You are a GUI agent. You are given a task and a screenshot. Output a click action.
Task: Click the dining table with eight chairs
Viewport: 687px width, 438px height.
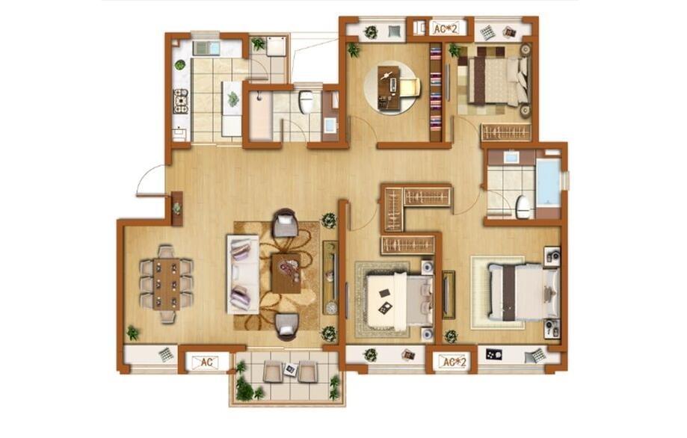pyautogui.click(x=166, y=284)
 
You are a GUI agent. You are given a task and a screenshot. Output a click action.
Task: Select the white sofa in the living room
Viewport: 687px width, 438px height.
pyautogui.click(x=242, y=274)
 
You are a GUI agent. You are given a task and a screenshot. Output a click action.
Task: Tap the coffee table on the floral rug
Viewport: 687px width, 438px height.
pyautogui.click(x=286, y=274)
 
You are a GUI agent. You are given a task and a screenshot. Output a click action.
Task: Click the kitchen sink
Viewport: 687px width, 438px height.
pyautogui.click(x=206, y=48)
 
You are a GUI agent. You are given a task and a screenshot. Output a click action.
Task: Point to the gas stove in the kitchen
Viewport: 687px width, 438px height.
pyautogui.click(x=180, y=102)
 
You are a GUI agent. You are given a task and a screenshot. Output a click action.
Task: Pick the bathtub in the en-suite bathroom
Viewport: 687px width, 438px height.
pyautogui.click(x=548, y=182)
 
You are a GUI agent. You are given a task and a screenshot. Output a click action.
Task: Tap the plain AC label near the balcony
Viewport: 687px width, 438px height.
pyautogui.click(x=206, y=363)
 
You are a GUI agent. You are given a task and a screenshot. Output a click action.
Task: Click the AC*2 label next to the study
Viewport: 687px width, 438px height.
pyautogui.click(x=446, y=29)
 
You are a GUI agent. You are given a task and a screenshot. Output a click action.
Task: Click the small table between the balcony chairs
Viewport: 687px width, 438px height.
pyautogui.click(x=290, y=370)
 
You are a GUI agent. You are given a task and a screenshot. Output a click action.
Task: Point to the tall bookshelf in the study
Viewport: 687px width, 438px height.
pyautogui.click(x=435, y=92)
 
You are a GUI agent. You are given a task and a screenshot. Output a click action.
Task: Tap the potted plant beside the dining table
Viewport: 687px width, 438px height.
pyautogui.click(x=132, y=333)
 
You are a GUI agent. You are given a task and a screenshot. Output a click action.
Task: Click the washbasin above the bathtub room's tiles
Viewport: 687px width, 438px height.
pyautogui.click(x=511, y=156)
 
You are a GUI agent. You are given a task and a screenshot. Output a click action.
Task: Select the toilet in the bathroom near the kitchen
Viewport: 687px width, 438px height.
pyautogui.click(x=306, y=101)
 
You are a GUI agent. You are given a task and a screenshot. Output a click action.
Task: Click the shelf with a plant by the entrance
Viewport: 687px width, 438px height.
pyautogui.click(x=177, y=208)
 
